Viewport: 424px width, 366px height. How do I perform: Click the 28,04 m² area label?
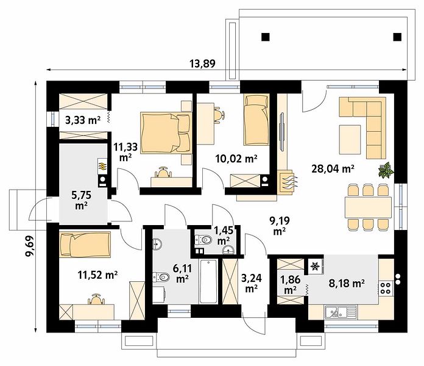(x=333, y=169)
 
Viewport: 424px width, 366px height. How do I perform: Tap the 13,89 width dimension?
(x=202, y=63)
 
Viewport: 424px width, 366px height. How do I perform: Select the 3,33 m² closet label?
(x=83, y=120)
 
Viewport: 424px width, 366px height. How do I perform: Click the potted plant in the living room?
(x=386, y=170)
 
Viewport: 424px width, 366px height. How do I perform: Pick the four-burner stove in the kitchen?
(x=386, y=288)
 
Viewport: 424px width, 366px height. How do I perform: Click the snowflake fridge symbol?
(x=314, y=267)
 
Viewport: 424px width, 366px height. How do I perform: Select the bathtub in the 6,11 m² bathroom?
(x=208, y=282)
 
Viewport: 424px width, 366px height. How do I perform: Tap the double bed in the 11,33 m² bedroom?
(x=166, y=133)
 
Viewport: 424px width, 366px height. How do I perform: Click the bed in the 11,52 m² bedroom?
(x=85, y=243)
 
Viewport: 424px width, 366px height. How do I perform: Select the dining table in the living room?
(x=368, y=207)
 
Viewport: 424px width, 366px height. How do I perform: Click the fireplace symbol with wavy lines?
(x=287, y=182)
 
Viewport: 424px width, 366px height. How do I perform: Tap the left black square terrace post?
(x=266, y=37)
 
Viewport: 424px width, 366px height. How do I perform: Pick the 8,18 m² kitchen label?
(x=347, y=284)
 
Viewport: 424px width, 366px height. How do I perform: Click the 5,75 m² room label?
(x=81, y=200)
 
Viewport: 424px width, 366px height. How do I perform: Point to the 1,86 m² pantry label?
(x=290, y=284)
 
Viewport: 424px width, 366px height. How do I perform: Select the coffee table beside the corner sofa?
(x=350, y=140)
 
